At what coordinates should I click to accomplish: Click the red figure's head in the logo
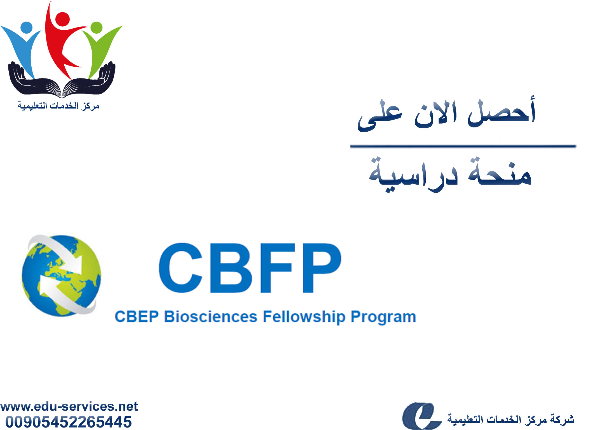(62, 19)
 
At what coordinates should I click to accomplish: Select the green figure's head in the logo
(97, 27)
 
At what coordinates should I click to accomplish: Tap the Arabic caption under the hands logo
(58, 106)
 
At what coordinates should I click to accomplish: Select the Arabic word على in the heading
(380, 118)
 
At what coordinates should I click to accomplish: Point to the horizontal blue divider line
(463, 146)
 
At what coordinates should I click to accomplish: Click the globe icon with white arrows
(62, 276)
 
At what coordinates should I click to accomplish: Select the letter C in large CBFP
(181, 268)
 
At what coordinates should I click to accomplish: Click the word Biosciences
(210, 317)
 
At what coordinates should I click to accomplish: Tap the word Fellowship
(304, 317)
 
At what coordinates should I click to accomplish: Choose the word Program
(383, 317)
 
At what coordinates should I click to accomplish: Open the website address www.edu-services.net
(69, 406)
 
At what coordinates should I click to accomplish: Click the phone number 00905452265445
(69, 422)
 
